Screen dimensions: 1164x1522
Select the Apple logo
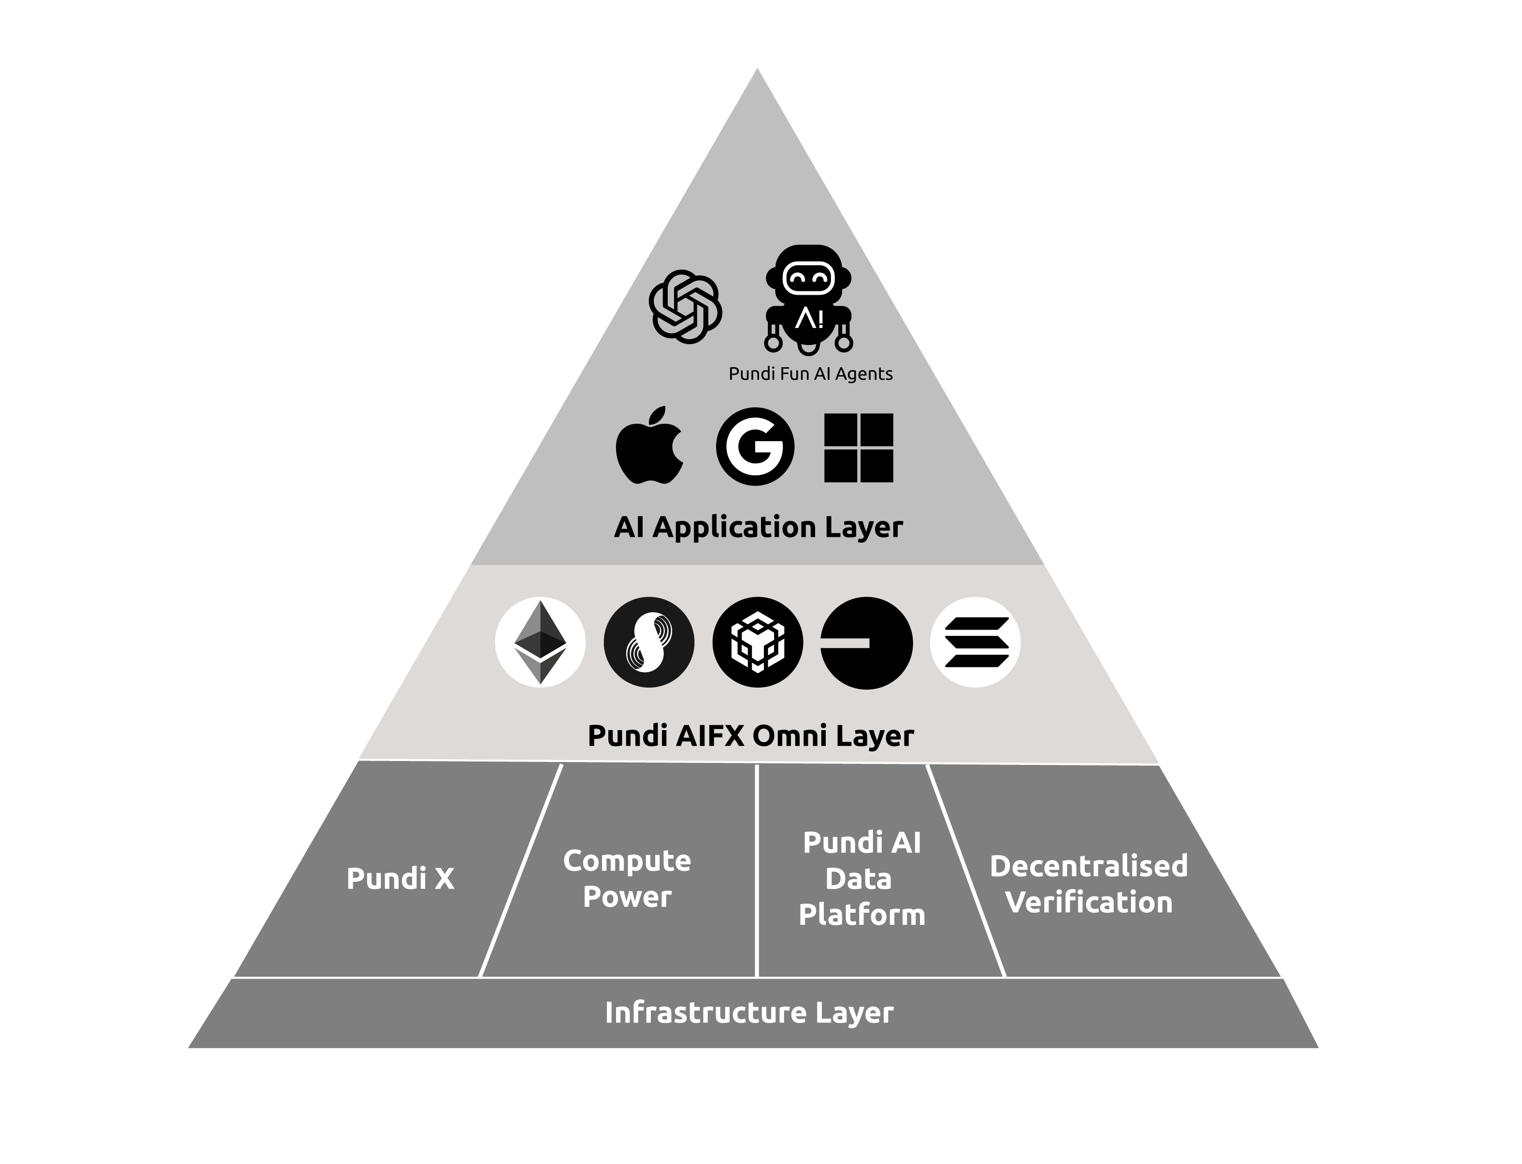click(x=649, y=445)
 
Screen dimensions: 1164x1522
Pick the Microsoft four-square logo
click(x=858, y=447)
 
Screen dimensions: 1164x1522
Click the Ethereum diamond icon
click(x=540, y=642)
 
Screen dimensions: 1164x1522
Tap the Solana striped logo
click(x=976, y=642)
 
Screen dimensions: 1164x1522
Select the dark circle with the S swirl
click(x=648, y=642)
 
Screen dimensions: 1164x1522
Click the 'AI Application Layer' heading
click(x=758, y=527)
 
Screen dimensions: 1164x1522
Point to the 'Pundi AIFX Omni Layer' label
click(x=751, y=735)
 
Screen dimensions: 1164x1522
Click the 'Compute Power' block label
click(x=627, y=878)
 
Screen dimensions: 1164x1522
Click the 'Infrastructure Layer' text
click(x=749, y=1012)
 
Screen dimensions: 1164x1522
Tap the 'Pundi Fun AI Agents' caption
click(x=811, y=374)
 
